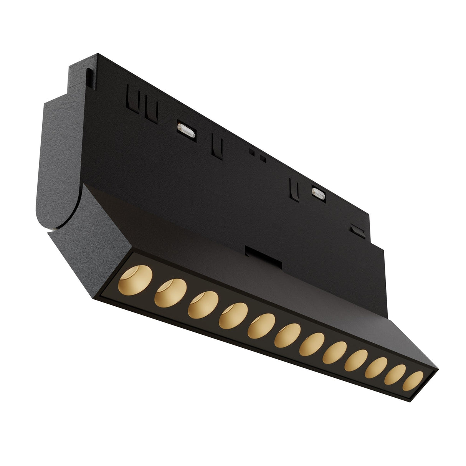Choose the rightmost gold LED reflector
413,381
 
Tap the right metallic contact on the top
318,193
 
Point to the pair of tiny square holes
256,154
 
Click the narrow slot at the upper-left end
89,77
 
